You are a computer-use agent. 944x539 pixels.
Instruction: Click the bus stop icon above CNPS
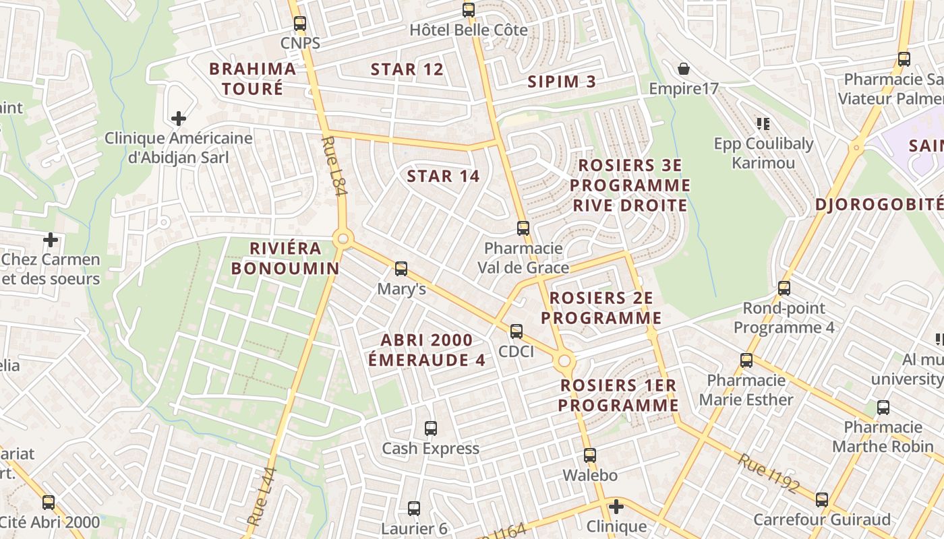(300, 24)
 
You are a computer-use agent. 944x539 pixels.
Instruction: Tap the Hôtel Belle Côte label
(469, 30)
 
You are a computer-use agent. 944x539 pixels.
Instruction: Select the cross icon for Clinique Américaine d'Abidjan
(179, 119)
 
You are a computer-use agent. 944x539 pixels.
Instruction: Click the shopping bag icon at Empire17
(684, 69)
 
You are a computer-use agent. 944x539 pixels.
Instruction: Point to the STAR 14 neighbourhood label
(443, 177)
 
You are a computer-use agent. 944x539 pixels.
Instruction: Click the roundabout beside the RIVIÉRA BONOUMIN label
(343, 239)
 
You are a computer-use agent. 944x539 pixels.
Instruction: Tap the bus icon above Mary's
(401, 269)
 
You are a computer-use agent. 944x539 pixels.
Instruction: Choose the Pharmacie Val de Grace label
(523, 258)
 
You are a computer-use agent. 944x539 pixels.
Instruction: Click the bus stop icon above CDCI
(517, 331)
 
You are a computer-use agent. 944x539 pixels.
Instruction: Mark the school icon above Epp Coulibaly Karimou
(763, 123)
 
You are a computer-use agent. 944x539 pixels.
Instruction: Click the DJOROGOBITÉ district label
(879, 205)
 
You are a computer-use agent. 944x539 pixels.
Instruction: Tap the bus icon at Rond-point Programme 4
(784, 288)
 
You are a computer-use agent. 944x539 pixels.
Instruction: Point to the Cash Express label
(430, 449)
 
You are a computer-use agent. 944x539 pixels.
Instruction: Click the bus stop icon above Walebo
(590, 455)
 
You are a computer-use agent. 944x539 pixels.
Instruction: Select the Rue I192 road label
(768, 474)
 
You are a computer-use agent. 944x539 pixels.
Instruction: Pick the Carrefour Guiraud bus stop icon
(822, 500)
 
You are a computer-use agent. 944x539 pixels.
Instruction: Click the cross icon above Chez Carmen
(51, 240)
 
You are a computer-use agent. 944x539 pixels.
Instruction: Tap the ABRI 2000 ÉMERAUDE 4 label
(426, 350)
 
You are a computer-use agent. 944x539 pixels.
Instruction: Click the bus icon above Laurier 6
(414, 509)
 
